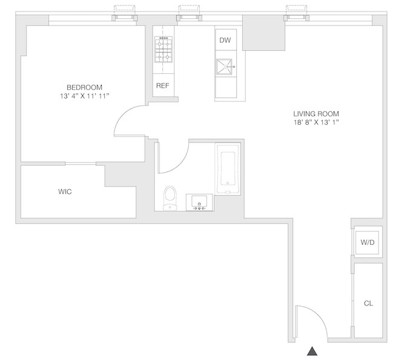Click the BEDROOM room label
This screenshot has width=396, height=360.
coord(84,87)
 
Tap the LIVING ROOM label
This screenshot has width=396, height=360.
coord(316,114)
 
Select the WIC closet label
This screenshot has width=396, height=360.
coord(65,192)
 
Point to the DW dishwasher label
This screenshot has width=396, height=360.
coord(225,40)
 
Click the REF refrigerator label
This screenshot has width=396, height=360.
coord(163,85)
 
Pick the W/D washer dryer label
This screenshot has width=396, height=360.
coord(368,242)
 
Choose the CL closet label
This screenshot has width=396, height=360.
coord(368,303)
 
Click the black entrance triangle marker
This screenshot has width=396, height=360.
coord(312,351)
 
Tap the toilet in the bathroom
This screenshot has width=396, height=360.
coord(170,198)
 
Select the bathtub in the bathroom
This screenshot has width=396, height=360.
coord(228,168)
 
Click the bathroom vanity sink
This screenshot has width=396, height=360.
coord(199,202)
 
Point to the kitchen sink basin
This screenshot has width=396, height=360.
coord(224,67)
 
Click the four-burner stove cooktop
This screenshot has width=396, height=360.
coord(163,49)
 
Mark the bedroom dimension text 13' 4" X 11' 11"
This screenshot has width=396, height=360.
coord(85,96)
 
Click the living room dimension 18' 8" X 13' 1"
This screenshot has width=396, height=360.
coord(316,122)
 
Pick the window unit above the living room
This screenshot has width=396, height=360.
coord(297,18)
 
